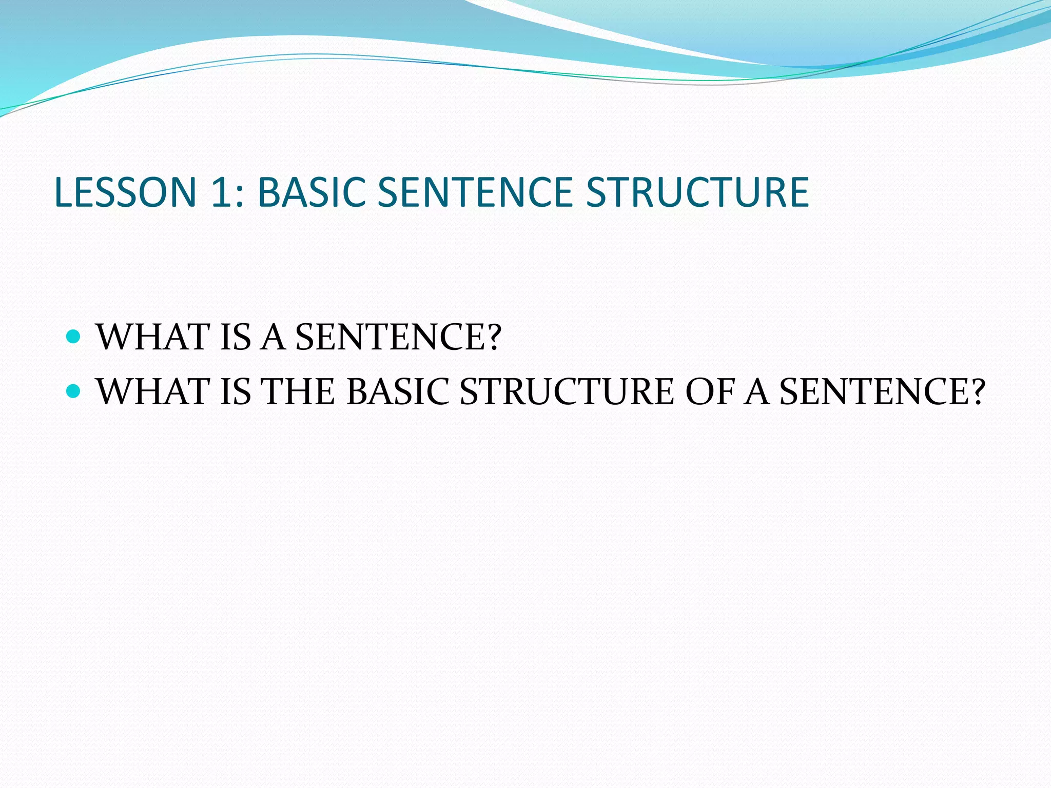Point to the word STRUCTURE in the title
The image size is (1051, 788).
pyautogui.click(x=697, y=192)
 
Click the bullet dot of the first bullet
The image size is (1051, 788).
pyautogui.click(x=74, y=337)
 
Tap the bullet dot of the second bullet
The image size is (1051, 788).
pyautogui.click(x=74, y=391)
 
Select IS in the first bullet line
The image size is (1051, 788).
pyautogui.click(x=235, y=337)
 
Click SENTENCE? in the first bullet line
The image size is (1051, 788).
pyautogui.click(x=398, y=337)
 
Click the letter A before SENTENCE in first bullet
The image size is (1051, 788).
pyautogui.click(x=273, y=337)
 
